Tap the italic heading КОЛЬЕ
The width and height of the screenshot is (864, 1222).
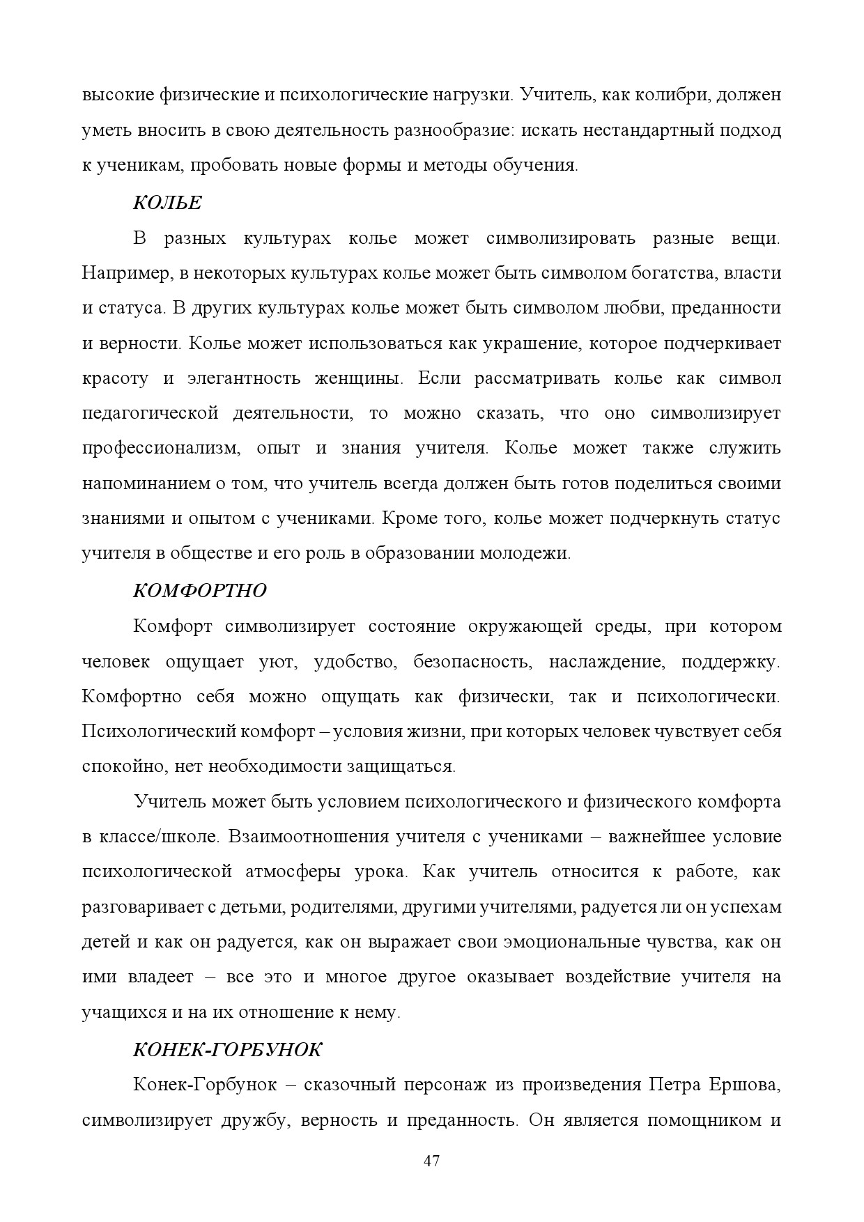coord(167,203)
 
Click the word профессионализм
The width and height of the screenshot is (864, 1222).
coord(160,448)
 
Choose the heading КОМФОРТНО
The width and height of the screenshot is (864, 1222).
coord(200,590)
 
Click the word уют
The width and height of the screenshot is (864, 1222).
coord(279,661)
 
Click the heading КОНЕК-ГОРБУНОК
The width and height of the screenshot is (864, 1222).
coord(227,1049)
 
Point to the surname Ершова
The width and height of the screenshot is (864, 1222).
coord(743,1085)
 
